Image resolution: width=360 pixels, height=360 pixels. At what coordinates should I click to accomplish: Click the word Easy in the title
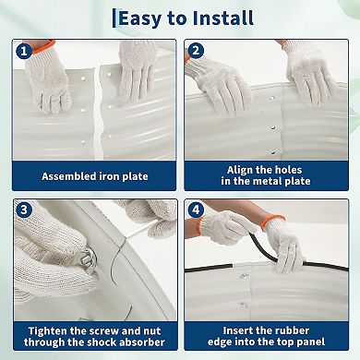(x=140, y=18)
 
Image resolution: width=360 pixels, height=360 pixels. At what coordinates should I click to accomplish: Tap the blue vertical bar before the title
(x=114, y=18)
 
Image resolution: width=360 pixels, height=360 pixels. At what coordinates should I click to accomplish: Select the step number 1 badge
(x=24, y=51)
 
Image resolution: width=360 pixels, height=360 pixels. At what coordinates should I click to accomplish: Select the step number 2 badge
(x=196, y=50)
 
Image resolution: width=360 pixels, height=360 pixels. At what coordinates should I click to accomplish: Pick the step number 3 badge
(x=24, y=210)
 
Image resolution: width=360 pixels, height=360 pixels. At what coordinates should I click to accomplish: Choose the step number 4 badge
(x=196, y=210)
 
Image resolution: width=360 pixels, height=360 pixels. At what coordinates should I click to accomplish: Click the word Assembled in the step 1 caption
(x=69, y=176)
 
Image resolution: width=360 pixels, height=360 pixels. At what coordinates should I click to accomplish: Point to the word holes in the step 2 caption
(x=288, y=170)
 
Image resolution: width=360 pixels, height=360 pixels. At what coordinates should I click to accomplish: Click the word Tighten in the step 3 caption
(x=48, y=331)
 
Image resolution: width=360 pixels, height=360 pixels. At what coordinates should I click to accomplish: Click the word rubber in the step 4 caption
(x=292, y=330)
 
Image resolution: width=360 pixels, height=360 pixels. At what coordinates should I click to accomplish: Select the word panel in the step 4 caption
(x=310, y=342)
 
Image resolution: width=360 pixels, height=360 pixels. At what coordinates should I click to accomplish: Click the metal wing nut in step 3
(x=87, y=261)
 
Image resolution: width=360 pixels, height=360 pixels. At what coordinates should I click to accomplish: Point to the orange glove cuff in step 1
(x=43, y=46)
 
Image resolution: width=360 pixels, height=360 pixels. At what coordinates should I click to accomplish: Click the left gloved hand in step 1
(x=49, y=79)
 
